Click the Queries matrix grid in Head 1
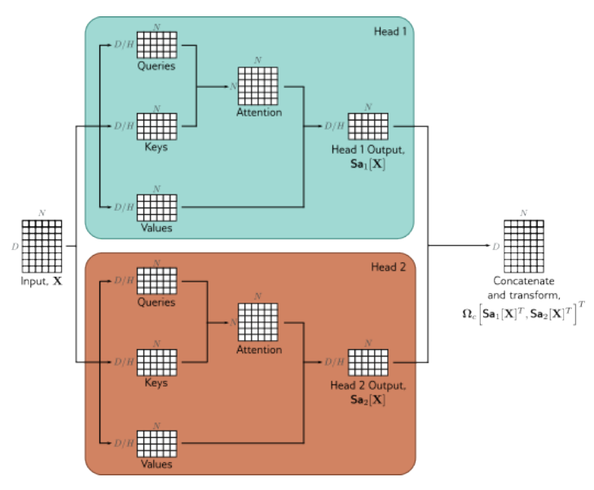click(x=156, y=45)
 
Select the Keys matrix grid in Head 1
click(x=156, y=126)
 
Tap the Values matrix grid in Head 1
click(x=156, y=207)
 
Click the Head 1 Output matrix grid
click(x=367, y=126)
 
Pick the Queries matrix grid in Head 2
click(x=156, y=281)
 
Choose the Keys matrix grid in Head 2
click(x=156, y=361)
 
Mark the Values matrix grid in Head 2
click(x=156, y=443)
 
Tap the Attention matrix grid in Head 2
click(x=258, y=322)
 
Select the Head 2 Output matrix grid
click(x=367, y=361)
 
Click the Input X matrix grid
click(x=41, y=245)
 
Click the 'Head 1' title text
click(x=390, y=31)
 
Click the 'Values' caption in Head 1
click(x=156, y=228)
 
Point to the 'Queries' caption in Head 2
click(x=156, y=302)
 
